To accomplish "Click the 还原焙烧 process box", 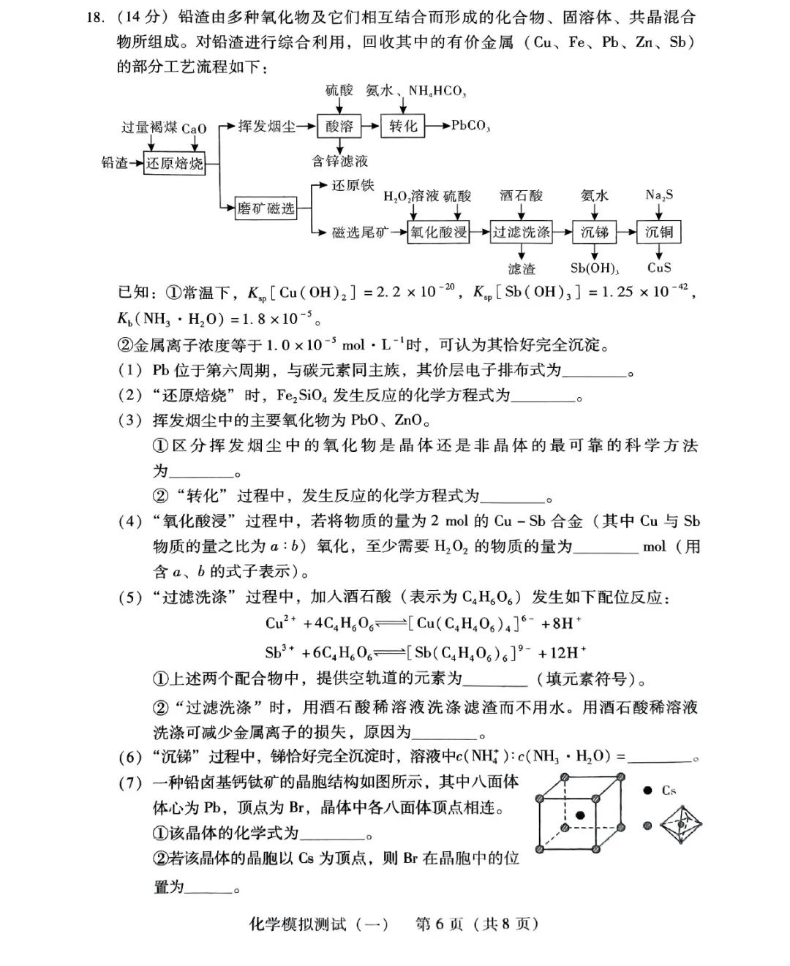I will (174, 163).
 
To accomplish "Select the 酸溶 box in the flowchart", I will (339, 126).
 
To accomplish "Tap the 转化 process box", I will (402, 126).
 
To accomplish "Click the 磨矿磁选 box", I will (266, 209).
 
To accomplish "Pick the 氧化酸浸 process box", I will (438, 233).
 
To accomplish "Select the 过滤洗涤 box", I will (521, 233).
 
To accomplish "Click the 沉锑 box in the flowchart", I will (595, 233).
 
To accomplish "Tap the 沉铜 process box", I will (658, 233).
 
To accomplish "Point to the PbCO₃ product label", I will (470, 126).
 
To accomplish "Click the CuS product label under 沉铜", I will (658, 268).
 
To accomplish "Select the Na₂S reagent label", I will (659, 195).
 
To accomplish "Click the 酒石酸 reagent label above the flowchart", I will (521, 195).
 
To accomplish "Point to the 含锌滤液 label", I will (339, 161).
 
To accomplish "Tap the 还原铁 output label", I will (353, 186).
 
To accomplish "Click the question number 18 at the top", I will (96, 18).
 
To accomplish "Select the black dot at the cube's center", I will (580, 815).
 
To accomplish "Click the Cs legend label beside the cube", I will (669, 790).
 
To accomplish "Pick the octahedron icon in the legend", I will (681, 825).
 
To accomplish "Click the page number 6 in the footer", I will (440, 924).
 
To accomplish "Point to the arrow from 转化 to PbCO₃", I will (437, 126).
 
